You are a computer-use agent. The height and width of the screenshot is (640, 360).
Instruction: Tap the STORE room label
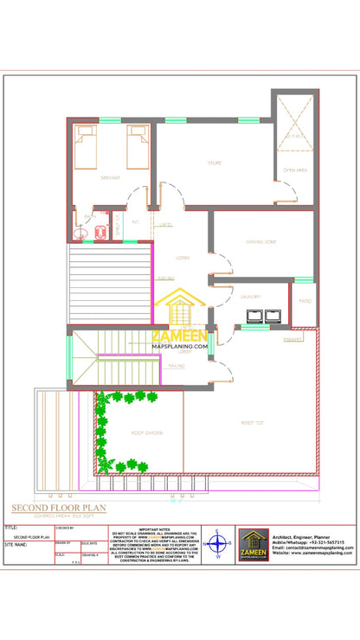coord(214,163)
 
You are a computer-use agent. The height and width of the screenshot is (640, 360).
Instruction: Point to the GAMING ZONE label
coord(260,241)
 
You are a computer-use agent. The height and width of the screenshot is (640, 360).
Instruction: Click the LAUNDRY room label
coord(251,297)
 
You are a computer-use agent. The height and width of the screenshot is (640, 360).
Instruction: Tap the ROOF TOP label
coord(253,422)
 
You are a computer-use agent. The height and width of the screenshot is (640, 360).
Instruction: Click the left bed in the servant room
coord(86,146)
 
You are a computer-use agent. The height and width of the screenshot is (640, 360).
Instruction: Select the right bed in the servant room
coord(138,146)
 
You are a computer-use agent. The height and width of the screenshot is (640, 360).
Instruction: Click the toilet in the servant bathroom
coord(83,231)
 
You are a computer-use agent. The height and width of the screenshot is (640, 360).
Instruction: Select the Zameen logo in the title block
coord(254,545)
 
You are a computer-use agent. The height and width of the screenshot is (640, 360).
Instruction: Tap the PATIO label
coord(305,300)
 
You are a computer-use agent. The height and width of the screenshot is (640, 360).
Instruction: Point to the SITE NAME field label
coord(17,546)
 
